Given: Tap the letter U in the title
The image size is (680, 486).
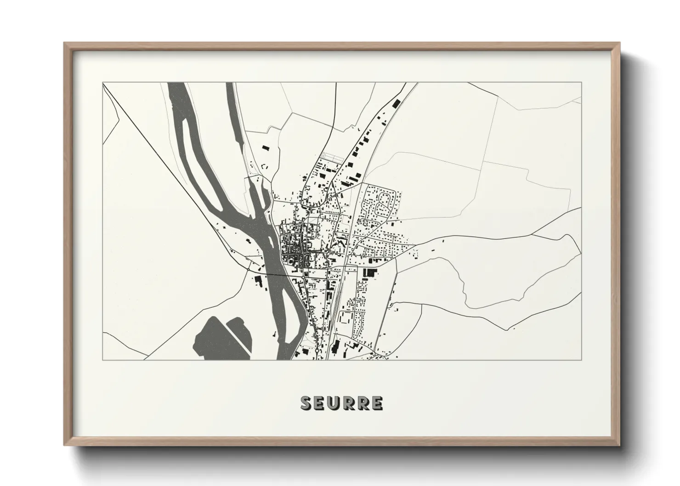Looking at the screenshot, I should (334, 403).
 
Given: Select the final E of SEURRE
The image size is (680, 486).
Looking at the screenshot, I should (377, 403).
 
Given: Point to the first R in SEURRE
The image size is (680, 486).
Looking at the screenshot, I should (349, 403).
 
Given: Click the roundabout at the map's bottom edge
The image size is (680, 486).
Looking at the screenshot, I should (317, 352).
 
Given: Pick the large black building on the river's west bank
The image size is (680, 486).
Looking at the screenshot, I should (258, 281).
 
